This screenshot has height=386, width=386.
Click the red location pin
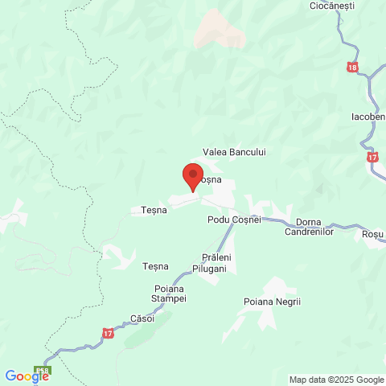click(193, 175)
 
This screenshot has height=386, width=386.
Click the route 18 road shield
click(353, 68)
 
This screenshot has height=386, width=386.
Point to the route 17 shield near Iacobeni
click(372, 157)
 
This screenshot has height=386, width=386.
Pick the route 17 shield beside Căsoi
click(109, 332)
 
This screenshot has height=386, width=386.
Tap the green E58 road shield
click(43, 371)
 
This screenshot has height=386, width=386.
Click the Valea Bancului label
click(234, 152)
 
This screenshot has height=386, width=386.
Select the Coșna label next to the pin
click(211, 180)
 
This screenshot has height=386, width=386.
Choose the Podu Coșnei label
click(234, 220)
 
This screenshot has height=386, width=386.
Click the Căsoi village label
click(142, 318)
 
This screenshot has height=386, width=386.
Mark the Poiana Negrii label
click(272, 302)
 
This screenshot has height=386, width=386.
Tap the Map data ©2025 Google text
click(336, 380)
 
